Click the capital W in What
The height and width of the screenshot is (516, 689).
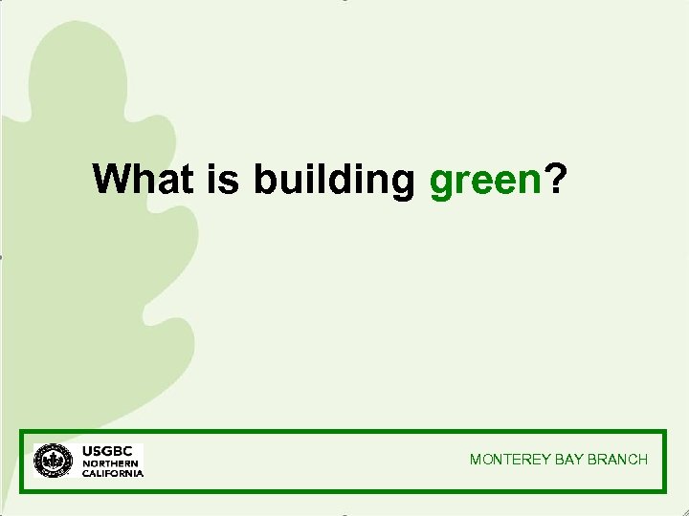tap(111, 179)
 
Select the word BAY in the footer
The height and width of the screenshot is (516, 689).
tap(567, 460)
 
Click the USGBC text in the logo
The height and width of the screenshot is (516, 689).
tap(106, 450)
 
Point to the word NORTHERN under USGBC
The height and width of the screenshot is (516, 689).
tap(106, 463)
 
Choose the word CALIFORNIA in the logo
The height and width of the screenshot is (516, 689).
tap(113, 473)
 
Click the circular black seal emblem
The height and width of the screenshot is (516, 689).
tap(54, 461)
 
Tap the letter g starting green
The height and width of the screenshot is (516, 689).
tap(441, 183)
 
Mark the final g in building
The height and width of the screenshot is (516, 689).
tap(402, 183)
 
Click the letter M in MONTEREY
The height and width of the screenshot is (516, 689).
tap(476, 460)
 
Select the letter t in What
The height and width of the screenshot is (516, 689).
tap(189, 179)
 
